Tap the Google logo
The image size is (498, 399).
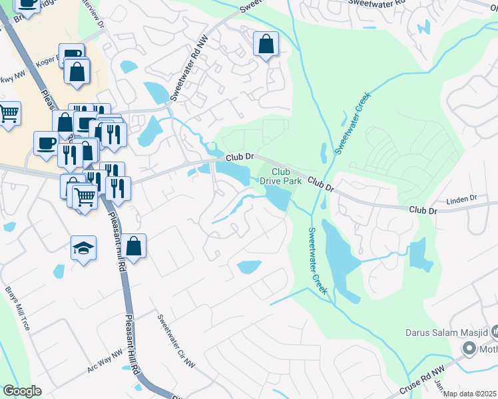click(x=22, y=391)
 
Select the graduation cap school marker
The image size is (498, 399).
click(x=84, y=249)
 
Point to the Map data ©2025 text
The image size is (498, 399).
click(x=470, y=394)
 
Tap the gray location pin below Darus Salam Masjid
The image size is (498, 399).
click(x=469, y=348)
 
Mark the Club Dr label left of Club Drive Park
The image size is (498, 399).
click(x=240, y=158)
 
